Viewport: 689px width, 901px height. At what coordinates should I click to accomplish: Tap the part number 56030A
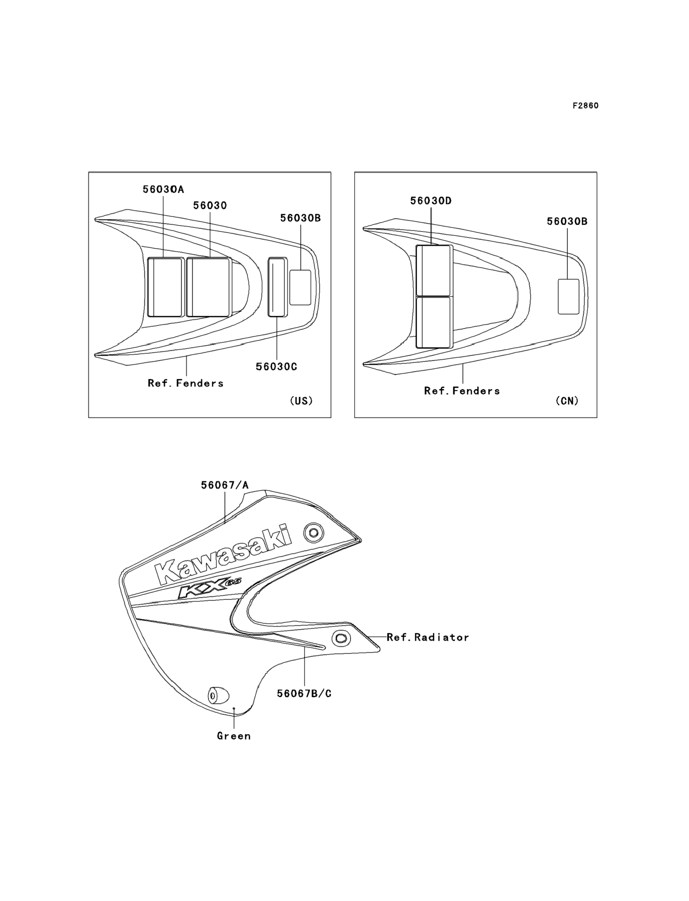pyautogui.click(x=163, y=189)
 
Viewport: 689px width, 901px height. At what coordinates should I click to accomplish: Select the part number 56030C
pyautogui.click(x=276, y=367)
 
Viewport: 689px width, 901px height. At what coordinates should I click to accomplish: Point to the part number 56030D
pyautogui.click(x=431, y=201)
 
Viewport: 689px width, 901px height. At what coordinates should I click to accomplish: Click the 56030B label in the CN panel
pyautogui.click(x=567, y=222)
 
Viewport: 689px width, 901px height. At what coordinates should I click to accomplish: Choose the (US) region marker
pyautogui.click(x=301, y=401)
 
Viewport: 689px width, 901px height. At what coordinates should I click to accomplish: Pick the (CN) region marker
pyautogui.click(x=567, y=401)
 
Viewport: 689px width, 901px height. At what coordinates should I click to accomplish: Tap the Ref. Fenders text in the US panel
pyautogui.click(x=186, y=383)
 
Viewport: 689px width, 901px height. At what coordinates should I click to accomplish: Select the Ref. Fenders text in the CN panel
pyautogui.click(x=462, y=391)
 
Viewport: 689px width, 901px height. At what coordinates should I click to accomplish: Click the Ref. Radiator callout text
pyautogui.click(x=428, y=637)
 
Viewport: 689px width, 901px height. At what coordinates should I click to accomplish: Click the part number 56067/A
pyautogui.click(x=225, y=485)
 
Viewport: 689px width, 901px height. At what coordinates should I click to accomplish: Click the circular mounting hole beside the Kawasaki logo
pyautogui.click(x=314, y=533)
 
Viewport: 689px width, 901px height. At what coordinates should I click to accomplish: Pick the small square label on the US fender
pyautogui.click(x=300, y=288)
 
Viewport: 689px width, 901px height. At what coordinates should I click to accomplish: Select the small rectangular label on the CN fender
pyautogui.click(x=568, y=297)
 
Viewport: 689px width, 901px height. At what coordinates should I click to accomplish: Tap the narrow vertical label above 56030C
pyautogui.click(x=278, y=287)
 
